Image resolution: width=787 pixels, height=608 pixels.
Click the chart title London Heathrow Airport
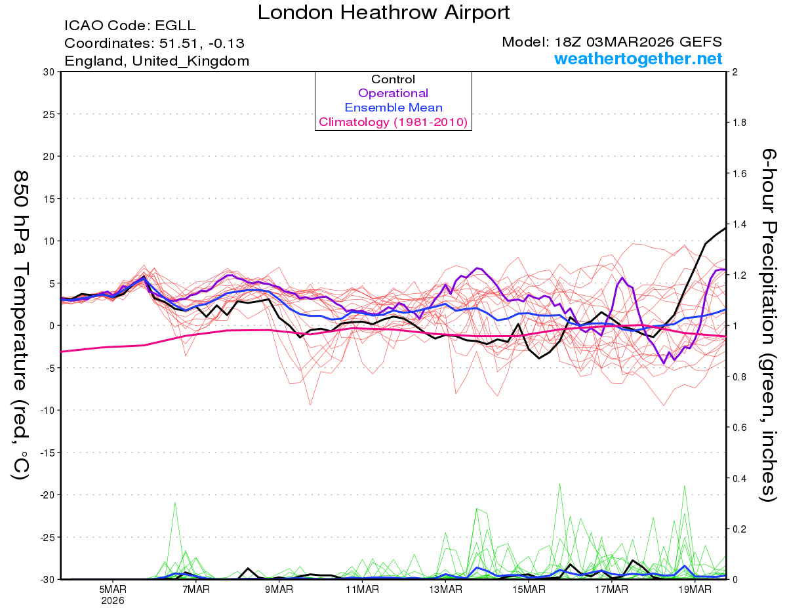[384, 12]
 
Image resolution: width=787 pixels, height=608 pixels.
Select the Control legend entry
[393, 79]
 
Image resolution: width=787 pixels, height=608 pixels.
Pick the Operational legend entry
[393, 94]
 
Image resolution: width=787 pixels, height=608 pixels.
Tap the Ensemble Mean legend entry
[393, 108]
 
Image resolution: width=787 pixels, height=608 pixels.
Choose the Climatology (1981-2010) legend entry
[393, 122]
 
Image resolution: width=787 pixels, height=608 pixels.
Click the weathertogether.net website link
[638, 59]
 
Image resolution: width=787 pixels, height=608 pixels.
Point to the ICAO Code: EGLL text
[130, 26]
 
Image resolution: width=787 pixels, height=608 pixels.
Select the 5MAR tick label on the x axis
[113, 588]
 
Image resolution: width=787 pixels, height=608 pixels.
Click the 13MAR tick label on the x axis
[445, 588]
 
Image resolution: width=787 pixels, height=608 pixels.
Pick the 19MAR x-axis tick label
[693, 588]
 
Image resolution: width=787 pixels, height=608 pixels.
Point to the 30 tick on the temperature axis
[47, 72]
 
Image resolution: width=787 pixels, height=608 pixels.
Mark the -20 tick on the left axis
[45, 495]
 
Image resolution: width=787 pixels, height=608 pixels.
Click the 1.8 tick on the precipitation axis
[740, 123]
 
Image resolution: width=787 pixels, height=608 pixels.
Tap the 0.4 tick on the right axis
[740, 478]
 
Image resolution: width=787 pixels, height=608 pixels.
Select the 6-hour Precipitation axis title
[769, 325]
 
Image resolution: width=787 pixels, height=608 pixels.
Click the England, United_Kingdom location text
[157, 61]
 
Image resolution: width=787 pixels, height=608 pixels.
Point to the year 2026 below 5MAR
[113, 599]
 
